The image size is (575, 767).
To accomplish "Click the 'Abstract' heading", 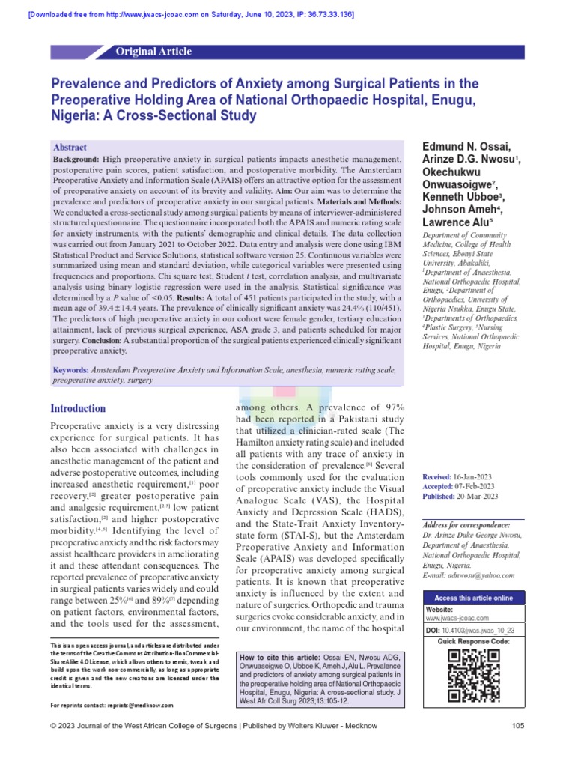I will (x=70, y=148).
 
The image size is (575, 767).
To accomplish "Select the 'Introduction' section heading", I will (x=78, y=408).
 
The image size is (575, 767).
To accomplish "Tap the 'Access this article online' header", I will (x=473, y=598).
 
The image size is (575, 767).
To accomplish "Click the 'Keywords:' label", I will (x=70, y=371).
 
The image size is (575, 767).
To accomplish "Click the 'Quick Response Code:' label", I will (x=473, y=642).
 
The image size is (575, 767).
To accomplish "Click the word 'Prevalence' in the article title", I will (x=87, y=84).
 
